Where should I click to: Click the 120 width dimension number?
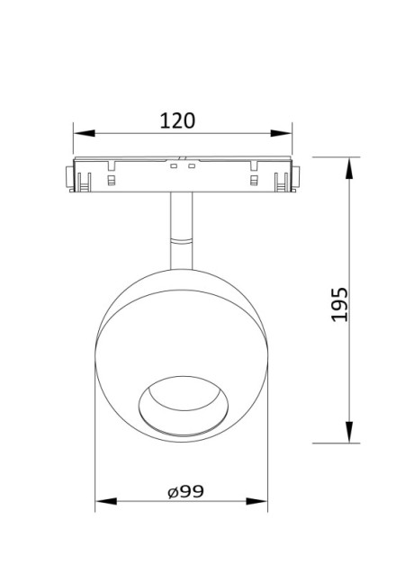coord(177,120)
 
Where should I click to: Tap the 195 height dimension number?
coord(337,305)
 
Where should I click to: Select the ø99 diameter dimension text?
coord(184,491)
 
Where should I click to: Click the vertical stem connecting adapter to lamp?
coord(182,220)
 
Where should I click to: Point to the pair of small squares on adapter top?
coord(183,166)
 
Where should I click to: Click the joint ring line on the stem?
coord(182,240)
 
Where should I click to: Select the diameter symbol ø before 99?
coord(171,492)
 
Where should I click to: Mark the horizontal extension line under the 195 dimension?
coord(333,443)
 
